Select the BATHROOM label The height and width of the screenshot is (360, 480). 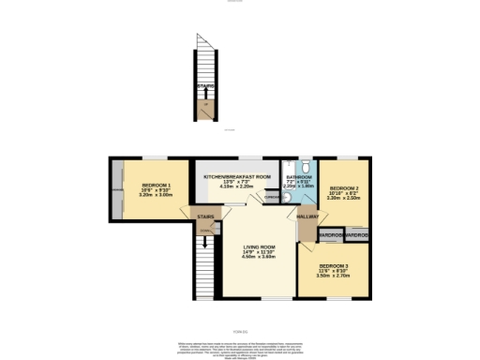click(299, 177)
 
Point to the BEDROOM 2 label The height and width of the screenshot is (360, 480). click(341, 188)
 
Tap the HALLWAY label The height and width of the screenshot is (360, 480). click(307, 217)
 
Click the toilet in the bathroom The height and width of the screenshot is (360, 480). click(306, 166)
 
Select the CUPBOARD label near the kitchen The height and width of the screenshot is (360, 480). click(272, 197)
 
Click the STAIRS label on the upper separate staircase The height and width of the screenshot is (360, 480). click(205, 86)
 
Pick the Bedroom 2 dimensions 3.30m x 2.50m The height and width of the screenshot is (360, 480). click(341, 199)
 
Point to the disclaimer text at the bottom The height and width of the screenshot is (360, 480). click(240, 344)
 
